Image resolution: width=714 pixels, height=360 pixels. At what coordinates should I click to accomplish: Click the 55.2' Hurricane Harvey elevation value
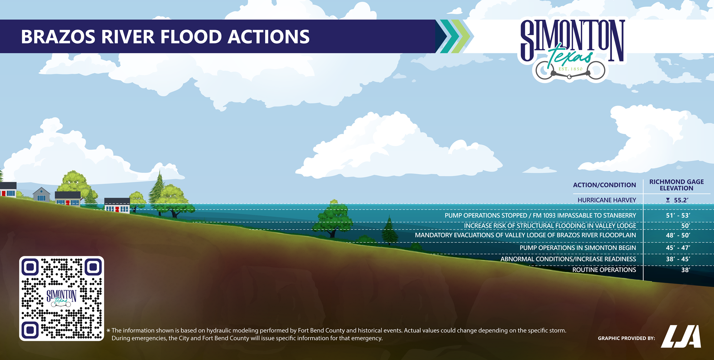[x=681, y=200]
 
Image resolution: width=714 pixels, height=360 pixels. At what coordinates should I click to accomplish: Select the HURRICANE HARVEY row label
[x=607, y=200]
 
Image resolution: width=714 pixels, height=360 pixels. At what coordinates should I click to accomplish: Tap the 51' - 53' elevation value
[x=678, y=215]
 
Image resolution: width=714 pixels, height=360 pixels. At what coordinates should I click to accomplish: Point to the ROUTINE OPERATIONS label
[x=604, y=270]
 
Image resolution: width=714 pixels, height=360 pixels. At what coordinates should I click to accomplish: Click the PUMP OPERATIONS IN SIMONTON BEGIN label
[x=578, y=248]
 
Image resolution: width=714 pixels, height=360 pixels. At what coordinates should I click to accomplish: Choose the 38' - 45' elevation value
[x=678, y=259]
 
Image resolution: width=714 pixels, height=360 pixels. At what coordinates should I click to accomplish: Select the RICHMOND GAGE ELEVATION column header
[x=677, y=185]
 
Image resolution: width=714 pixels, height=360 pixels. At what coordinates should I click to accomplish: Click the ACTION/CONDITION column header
[x=604, y=185]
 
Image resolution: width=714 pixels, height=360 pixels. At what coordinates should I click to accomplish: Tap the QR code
[x=61, y=298]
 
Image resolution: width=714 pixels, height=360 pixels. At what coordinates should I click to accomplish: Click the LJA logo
[x=681, y=336]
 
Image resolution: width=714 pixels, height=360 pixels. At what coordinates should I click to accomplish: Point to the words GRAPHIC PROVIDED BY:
[x=626, y=338]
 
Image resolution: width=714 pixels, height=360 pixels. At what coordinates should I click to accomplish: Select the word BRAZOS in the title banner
[x=58, y=37]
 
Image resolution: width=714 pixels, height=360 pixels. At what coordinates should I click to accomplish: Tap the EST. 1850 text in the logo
[x=570, y=69]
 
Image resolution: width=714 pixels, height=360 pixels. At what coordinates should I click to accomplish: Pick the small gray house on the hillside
[x=41, y=195]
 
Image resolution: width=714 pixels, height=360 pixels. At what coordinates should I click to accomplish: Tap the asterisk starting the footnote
[x=108, y=331]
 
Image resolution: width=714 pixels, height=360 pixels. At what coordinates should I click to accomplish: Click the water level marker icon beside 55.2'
[x=668, y=200]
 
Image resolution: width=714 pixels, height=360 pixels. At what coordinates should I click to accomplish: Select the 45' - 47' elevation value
[x=678, y=248]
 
